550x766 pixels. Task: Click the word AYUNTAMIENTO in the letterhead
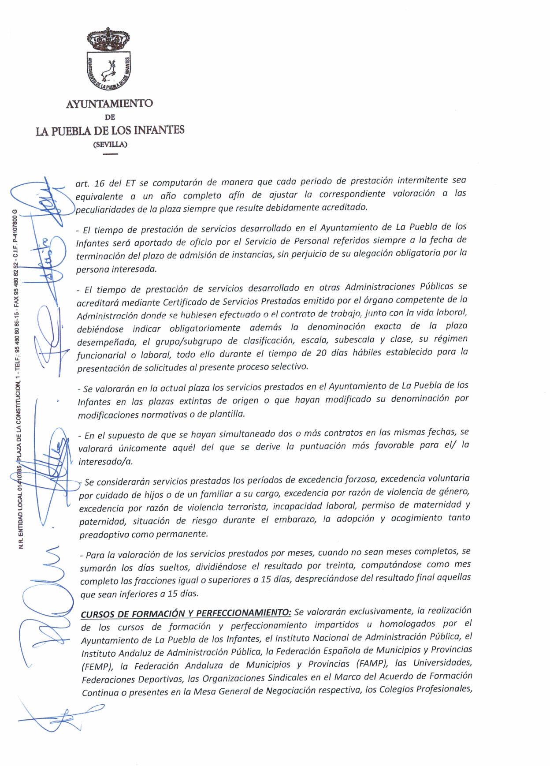click(x=109, y=104)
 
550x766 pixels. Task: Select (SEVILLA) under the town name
click(x=110, y=144)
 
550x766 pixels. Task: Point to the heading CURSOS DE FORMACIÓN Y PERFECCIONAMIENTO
click(x=186, y=613)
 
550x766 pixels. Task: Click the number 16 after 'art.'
click(x=99, y=183)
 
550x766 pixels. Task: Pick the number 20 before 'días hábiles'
click(x=321, y=353)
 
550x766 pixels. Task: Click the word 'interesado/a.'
click(x=105, y=462)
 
